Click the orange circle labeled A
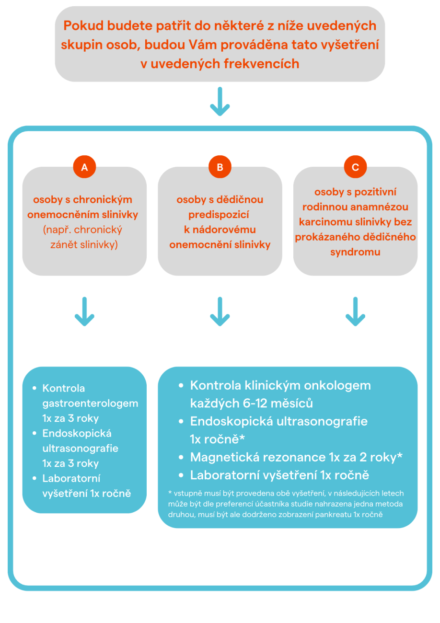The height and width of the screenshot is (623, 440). point(84,167)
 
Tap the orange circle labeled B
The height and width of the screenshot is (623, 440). point(220,167)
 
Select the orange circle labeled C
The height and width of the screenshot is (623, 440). point(355,167)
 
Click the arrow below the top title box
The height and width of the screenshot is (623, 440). point(220,102)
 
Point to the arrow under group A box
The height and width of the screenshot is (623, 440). point(84,311)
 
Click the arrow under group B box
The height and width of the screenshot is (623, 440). point(220,311)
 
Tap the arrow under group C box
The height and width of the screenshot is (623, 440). point(355,311)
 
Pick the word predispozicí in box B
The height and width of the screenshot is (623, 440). point(220,215)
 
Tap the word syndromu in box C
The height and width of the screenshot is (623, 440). point(355,252)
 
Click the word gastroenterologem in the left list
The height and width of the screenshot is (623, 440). point(90,404)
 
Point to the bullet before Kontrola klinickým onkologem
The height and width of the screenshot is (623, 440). point(181,386)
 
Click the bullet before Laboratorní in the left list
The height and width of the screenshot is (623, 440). point(35,478)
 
